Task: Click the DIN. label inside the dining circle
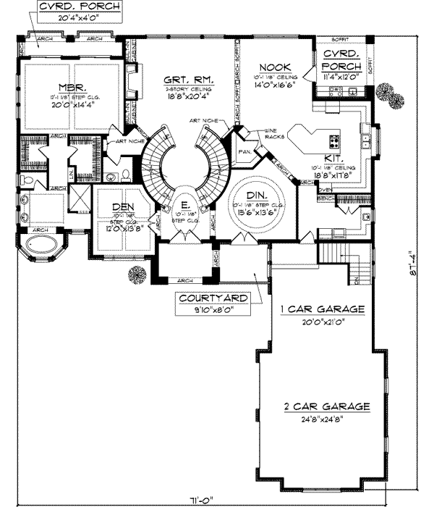point(255,196)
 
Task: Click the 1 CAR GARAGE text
point(323,309)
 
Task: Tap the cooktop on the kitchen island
point(335,140)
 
